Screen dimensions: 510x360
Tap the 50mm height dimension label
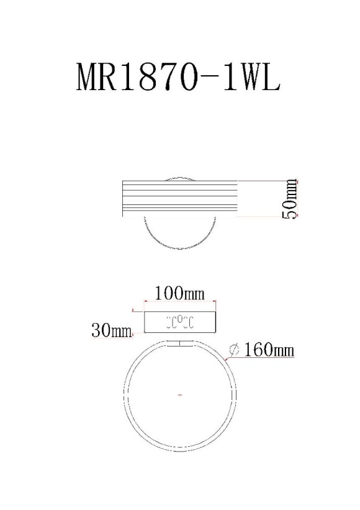coord(290,198)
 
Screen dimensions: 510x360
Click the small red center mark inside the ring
coord(179,394)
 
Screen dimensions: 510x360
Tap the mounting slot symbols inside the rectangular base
coord(179,322)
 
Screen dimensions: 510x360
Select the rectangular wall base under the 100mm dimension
coord(179,322)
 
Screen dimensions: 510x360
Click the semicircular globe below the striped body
coord(179,233)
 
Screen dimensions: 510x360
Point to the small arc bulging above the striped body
coord(179,178)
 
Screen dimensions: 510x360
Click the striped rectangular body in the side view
coord(179,198)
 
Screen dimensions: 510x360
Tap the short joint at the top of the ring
coord(180,343)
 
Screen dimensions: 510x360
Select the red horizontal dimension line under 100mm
coord(179,303)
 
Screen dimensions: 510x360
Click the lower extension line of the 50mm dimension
coord(267,216)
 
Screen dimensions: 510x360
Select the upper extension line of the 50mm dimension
coord(267,181)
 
